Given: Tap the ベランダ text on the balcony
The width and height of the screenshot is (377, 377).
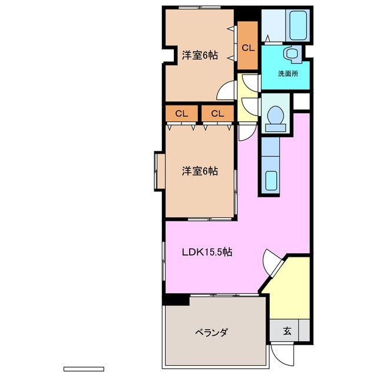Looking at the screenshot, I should [211, 332].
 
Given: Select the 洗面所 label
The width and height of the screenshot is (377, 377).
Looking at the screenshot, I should [287, 74].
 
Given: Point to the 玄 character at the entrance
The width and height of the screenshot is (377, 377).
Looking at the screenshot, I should [286, 331].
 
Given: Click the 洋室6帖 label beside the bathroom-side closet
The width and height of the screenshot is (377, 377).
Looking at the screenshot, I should [200, 55].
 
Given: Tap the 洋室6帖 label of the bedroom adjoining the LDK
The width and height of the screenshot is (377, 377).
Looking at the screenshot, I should [200, 171].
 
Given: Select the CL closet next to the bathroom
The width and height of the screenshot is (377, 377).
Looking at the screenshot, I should [247, 47].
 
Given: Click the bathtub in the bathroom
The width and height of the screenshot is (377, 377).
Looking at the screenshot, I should [292, 26].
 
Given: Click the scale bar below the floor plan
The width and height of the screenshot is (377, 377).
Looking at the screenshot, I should [83, 369].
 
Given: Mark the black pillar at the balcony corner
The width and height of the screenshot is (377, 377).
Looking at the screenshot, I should [176, 299].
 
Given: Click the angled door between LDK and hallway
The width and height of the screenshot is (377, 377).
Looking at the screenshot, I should [273, 262].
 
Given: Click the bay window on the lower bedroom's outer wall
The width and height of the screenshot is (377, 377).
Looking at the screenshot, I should [159, 171].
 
